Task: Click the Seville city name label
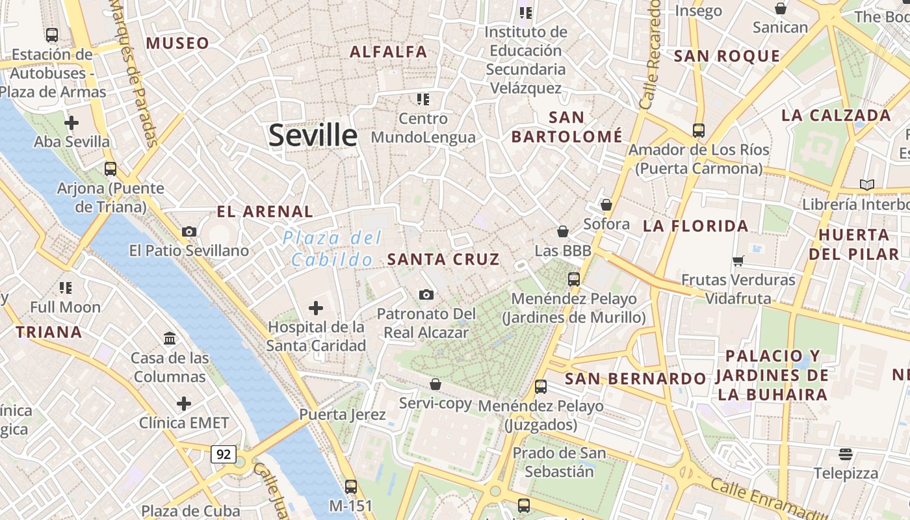(x=313, y=135)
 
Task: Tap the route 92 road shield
(x=223, y=454)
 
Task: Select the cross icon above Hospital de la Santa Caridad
(x=316, y=307)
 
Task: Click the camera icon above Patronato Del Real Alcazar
(x=426, y=295)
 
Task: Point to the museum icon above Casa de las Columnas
(x=170, y=339)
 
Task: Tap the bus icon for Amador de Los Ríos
(x=699, y=131)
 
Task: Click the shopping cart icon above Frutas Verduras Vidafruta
(x=738, y=261)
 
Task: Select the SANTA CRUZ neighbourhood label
(x=443, y=259)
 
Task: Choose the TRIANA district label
(x=49, y=332)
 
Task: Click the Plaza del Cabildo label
(x=332, y=249)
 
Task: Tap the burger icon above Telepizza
(x=846, y=454)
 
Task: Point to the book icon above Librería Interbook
(x=866, y=185)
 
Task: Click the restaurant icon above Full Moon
(x=65, y=287)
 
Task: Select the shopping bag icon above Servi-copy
(x=435, y=384)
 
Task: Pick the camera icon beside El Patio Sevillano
(x=189, y=231)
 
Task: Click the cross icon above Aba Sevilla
(x=71, y=122)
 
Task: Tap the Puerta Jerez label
(x=343, y=414)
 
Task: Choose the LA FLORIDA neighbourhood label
(x=695, y=226)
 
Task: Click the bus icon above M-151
(x=351, y=486)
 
